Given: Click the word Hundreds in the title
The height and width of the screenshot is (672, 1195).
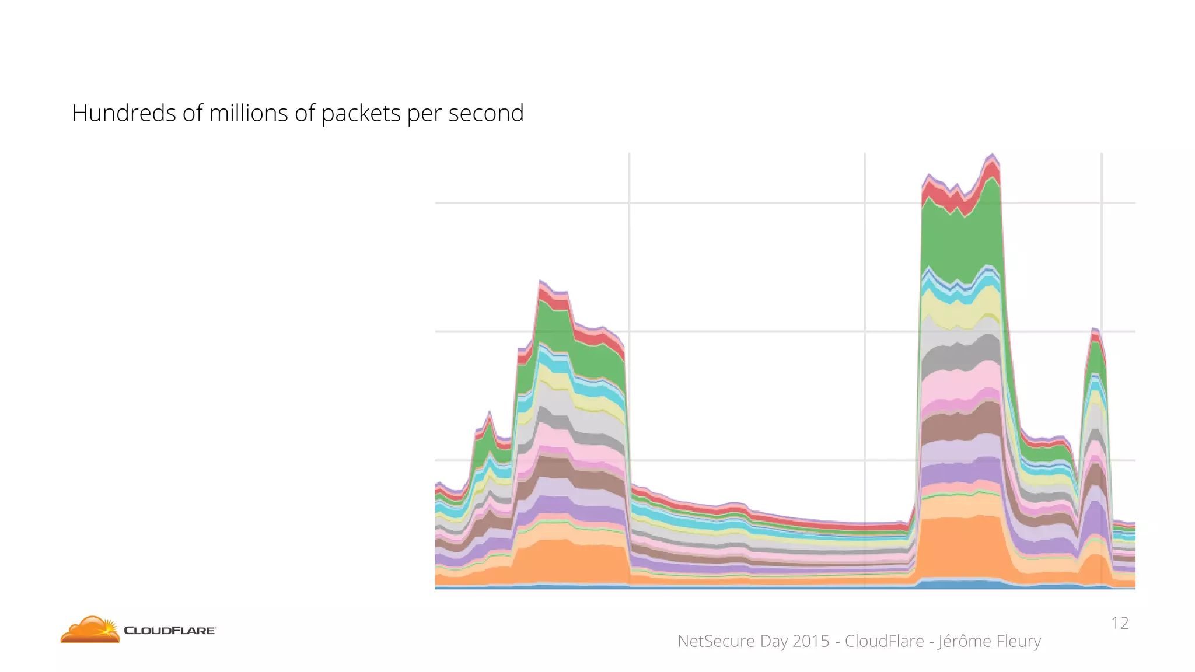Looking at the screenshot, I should pyautogui.click(x=123, y=113).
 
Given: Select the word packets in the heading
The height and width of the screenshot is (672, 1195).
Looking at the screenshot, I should pyautogui.click(x=361, y=114).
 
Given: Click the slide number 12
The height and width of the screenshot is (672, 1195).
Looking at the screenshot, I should pyautogui.click(x=1119, y=623).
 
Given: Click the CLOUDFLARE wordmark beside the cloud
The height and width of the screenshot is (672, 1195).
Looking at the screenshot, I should pyautogui.click(x=170, y=631).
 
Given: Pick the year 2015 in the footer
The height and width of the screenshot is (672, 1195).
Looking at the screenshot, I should pyautogui.click(x=810, y=641).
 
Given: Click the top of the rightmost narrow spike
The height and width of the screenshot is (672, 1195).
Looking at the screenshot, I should pyautogui.click(x=1095, y=330).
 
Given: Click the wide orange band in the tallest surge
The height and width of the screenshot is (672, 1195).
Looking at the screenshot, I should pyautogui.click(x=960, y=548).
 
